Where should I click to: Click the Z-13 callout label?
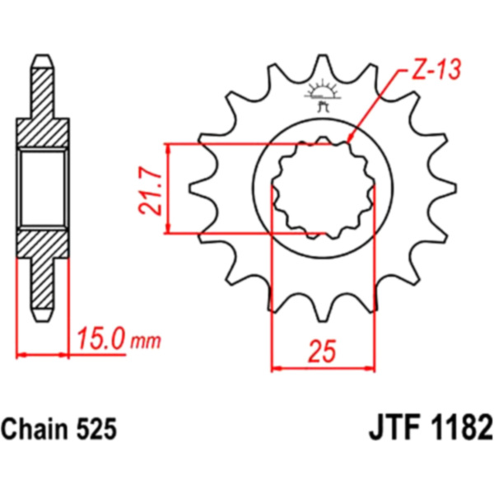point(436,68)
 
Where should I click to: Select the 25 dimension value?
point(322,352)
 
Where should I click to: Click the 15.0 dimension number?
point(101,338)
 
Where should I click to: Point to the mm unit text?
point(145,342)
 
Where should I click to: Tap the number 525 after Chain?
point(96,429)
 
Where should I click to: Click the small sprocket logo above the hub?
point(323,94)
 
